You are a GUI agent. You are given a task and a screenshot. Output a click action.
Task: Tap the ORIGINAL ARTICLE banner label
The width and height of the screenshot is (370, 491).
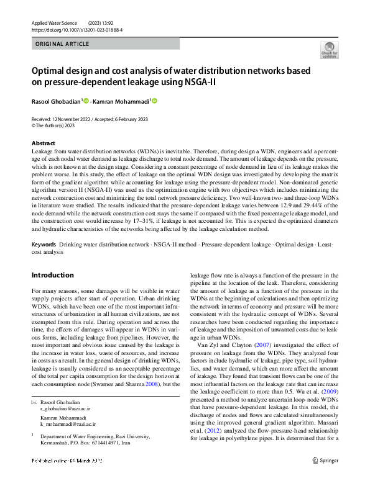point(63,44)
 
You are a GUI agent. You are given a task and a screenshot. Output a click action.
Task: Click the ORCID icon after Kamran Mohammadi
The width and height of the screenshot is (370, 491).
point(155,101)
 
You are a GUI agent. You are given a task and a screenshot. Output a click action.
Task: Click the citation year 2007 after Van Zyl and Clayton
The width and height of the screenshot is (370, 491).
point(264,345)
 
